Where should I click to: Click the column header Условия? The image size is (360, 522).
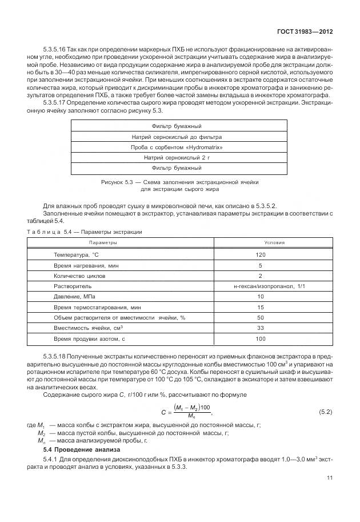pyautogui.click(x=261, y=242)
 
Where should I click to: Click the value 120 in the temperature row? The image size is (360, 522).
pyautogui.click(x=261, y=254)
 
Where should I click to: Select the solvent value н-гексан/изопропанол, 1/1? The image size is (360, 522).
pyautogui.click(x=261, y=285)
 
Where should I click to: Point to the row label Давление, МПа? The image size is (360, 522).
pyautogui.click(x=74, y=296)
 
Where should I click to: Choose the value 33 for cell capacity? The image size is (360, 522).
pyautogui.click(x=261, y=328)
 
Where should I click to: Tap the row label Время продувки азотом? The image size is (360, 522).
pyautogui.click(x=89, y=338)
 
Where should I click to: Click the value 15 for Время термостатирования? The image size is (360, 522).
pyautogui.click(x=261, y=306)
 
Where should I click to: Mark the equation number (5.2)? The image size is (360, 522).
pyautogui.click(x=325, y=411)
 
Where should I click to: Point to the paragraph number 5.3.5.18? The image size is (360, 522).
pyautogui.click(x=55, y=357)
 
